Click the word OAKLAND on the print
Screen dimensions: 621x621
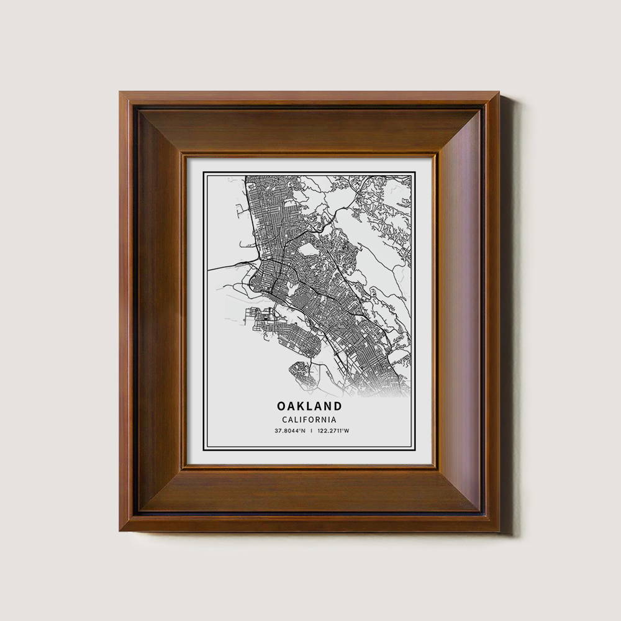(x=309, y=406)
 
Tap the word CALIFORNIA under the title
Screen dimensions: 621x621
(x=309, y=420)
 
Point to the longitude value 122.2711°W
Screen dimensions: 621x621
(x=333, y=431)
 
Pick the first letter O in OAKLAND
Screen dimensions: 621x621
(x=282, y=406)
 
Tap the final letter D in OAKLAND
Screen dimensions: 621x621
(x=337, y=406)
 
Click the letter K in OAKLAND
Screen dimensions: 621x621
(x=301, y=406)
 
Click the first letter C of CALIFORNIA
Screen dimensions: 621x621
(x=284, y=420)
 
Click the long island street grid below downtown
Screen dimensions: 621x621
(x=292, y=338)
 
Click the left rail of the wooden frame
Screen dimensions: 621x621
(x=158, y=310)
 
